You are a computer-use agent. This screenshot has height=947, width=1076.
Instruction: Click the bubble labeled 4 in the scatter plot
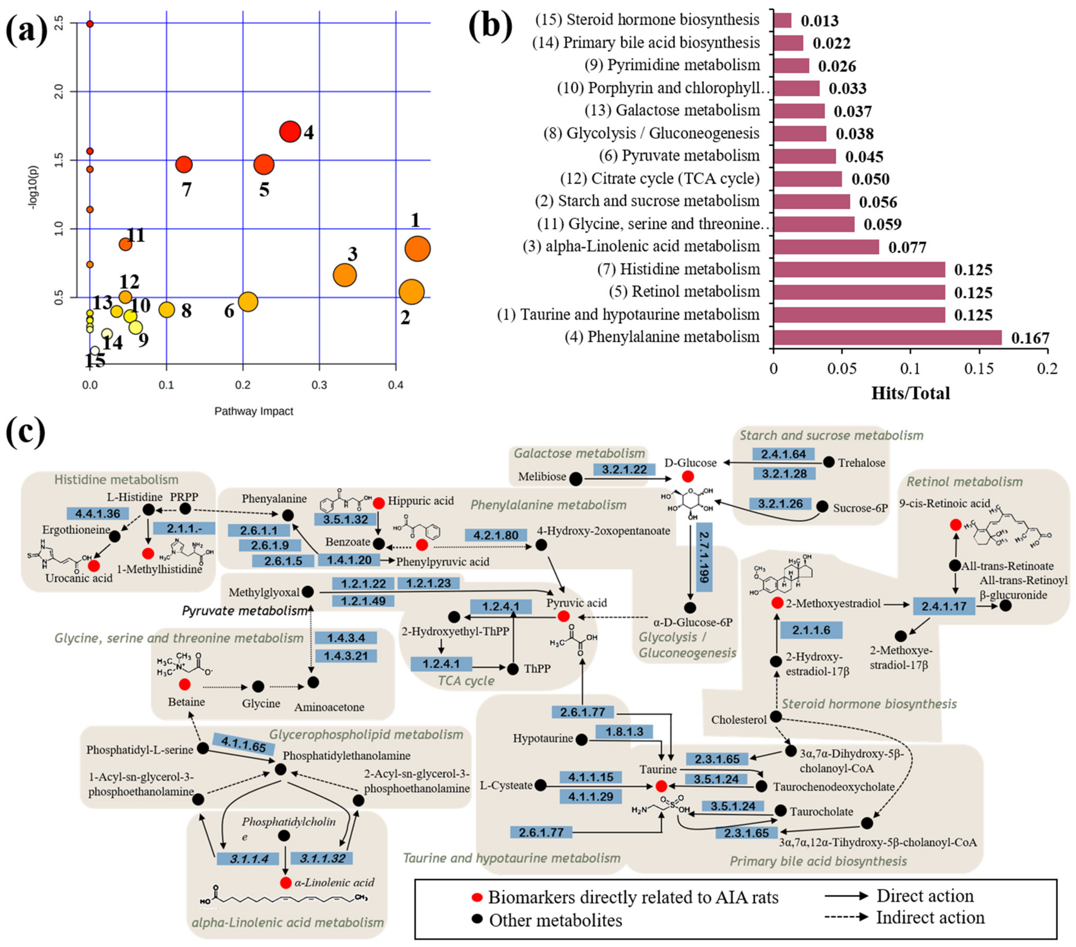(290, 132)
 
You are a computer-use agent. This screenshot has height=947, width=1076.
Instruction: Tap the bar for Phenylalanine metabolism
(887, 338)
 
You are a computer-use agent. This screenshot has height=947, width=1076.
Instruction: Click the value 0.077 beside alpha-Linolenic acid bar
(907, 247)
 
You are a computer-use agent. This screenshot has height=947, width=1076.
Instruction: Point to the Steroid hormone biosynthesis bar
(782, 20)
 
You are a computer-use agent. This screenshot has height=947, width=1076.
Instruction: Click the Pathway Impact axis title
(254, 411)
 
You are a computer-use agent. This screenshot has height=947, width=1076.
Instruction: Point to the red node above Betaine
(184, 684)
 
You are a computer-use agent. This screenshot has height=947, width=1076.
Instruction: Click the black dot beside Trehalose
(828, 462)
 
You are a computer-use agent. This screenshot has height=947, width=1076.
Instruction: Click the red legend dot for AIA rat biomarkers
(477, 897)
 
